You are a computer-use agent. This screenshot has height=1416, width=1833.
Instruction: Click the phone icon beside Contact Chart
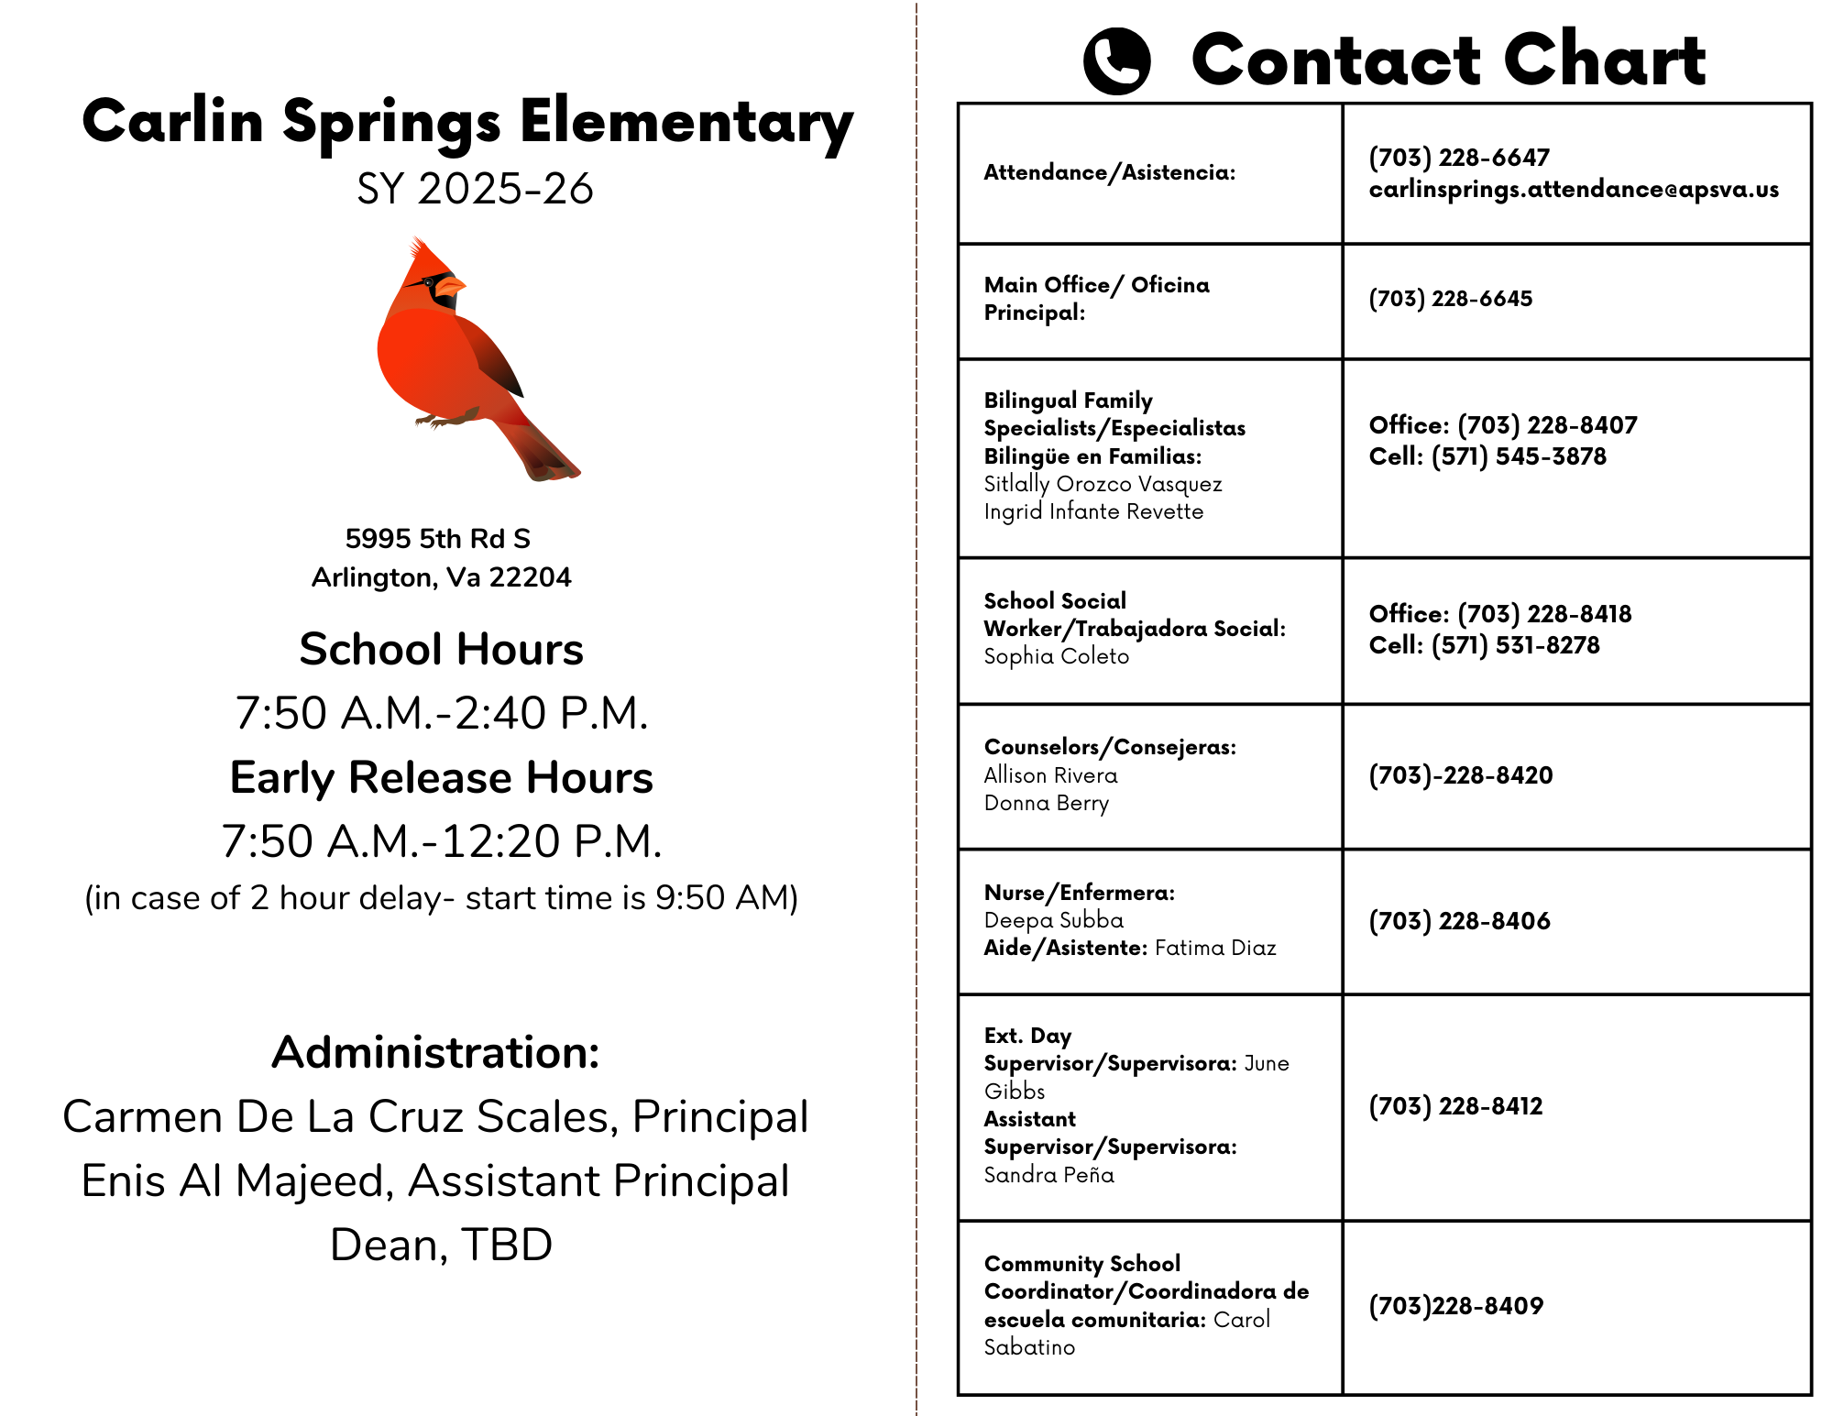[1116, 60]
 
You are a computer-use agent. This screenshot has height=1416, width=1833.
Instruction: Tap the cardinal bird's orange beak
[448, 288]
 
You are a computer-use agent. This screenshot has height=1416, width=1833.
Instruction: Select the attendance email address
[1574, 190]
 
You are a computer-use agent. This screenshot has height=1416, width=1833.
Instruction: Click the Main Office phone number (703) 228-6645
[1450, 299]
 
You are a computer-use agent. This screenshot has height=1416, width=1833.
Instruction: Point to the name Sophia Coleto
[1056, 656]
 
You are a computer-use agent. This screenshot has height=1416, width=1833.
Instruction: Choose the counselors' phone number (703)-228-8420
[1460, 775]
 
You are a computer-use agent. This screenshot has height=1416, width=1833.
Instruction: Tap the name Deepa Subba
[1053, 920]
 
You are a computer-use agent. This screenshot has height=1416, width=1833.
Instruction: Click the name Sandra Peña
[1048, 1175]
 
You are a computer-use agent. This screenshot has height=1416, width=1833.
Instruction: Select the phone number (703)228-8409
[1455, 1306]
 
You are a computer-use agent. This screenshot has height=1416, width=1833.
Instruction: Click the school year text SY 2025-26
[475, 189]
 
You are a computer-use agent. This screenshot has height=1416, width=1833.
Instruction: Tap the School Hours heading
[441, 649]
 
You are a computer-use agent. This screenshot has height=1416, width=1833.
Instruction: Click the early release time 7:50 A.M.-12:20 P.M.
[441, 841]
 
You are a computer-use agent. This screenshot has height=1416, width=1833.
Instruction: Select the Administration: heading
[435, 1052]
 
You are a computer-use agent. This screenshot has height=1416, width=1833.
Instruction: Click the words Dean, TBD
[441, 1245]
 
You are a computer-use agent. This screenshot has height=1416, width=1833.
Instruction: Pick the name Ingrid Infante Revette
[1093, 511]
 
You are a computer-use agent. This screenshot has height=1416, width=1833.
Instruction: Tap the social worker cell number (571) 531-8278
[1515, 645]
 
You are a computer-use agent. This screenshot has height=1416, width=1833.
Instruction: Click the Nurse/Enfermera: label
[1079, 893]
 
